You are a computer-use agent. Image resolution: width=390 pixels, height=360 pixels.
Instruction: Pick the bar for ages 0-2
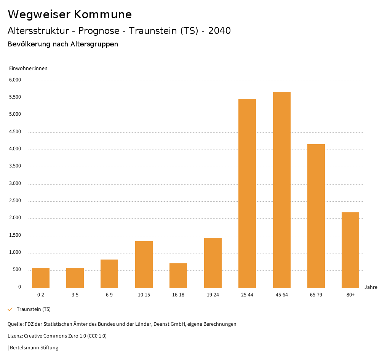41,278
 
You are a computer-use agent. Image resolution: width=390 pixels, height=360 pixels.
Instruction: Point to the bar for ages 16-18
178,276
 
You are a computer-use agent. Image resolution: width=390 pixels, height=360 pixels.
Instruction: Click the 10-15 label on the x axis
144,295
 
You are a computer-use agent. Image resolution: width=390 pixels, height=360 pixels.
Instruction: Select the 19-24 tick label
213,295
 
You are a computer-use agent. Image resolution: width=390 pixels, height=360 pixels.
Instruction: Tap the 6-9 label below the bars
109,295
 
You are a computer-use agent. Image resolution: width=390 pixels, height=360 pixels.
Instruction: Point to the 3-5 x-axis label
75,295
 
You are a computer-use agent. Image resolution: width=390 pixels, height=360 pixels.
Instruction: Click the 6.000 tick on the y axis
15,80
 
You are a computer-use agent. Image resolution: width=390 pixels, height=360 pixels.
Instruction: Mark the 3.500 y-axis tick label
15,166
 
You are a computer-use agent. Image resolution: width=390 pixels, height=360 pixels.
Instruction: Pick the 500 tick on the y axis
17,270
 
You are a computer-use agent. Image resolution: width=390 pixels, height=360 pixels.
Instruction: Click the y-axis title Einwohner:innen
28,68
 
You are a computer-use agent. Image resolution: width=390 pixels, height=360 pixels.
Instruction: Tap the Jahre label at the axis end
371,287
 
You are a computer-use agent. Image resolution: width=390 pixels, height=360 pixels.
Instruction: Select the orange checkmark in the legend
10,309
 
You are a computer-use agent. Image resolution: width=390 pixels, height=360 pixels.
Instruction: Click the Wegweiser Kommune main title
70,14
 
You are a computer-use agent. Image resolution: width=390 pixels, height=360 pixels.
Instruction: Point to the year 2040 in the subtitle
219,31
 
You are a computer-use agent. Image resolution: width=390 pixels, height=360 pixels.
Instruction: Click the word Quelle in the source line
15,324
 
